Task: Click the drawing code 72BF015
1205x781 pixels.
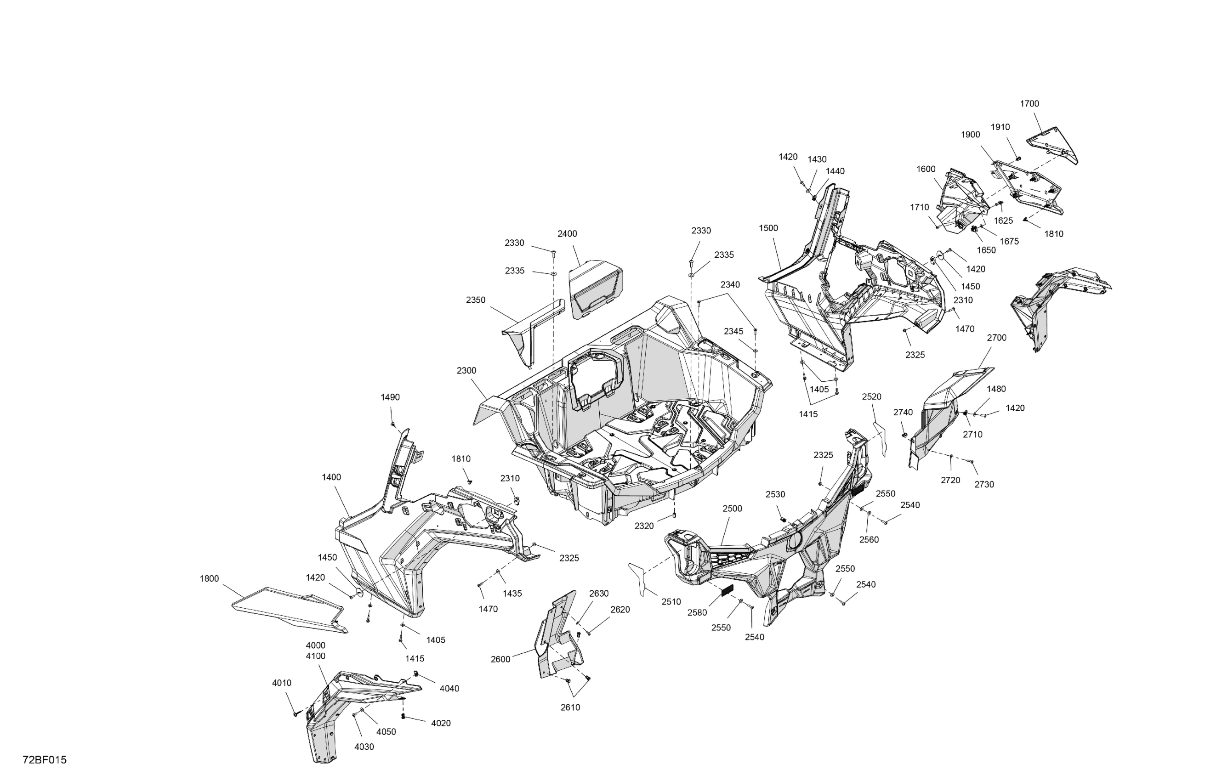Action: point(45,760)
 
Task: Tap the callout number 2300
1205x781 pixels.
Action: point(466,370)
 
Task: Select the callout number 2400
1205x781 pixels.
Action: point(567,234)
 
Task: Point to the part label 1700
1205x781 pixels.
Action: point(1029,104)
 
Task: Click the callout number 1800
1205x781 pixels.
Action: point(209,578)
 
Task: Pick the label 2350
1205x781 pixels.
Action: point(475,300)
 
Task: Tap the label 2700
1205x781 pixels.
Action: point(996,338)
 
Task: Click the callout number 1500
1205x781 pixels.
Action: point(768,228)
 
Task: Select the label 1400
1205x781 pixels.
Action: point(331,477)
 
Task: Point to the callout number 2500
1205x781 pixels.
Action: point(732,509)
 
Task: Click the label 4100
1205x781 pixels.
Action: point(315,656)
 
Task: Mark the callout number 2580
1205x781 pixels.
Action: point(697,612)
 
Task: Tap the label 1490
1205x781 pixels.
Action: point(390,397)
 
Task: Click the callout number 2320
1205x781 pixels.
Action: point(644,526)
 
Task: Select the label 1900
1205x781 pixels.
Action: point(970,135)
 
